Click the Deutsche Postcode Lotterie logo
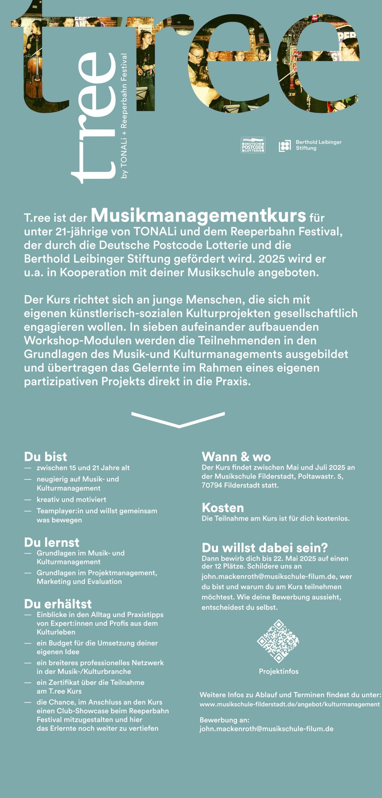tap(253, 145)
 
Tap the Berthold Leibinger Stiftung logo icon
tap(284, 146)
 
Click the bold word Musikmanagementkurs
tap(198, 215)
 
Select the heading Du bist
tap(45, 457)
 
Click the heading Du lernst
tap(52, 542)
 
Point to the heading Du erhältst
tap(58, 604)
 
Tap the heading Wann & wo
tap(236, 457)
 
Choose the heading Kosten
tap(223, 508)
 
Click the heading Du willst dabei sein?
tap(265, 548)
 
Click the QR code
tap(278, 641)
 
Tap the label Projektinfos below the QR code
tap(279, 671)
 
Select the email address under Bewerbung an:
tap(266, 729)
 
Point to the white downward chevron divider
tap(178, 420)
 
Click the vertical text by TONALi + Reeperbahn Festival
tap(124, 116)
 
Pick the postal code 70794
tap(212, 485)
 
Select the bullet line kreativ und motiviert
tap(71, 499)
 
